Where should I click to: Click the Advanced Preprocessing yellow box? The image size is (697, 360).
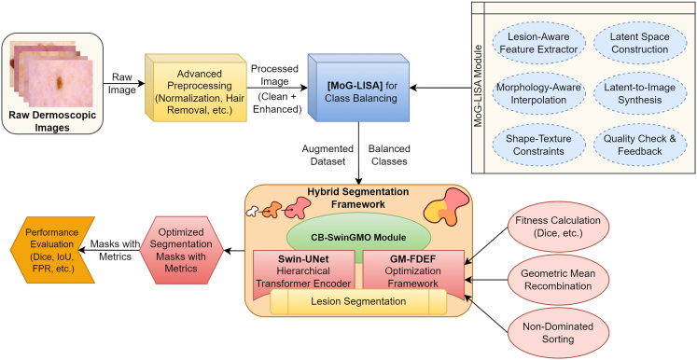(x=197, y=87)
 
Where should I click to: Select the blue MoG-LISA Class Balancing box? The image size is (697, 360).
(x=358, y=87)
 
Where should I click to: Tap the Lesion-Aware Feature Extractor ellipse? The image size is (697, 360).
(x=538, y=43)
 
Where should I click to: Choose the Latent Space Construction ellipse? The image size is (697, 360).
(x=640, y=43)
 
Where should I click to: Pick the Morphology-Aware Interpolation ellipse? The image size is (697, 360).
(x=538, y=93)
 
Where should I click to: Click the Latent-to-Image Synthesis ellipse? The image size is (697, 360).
(x=640, y=93)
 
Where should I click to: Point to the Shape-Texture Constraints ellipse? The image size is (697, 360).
(x=538, y=145)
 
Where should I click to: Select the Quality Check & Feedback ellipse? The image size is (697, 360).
(x=640, y=145)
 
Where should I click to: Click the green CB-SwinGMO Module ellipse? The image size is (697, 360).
(x=358, y=237)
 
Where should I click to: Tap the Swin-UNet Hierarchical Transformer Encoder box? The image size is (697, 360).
(x=303, y=271)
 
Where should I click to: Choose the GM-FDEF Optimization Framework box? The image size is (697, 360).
(x=413, y=271)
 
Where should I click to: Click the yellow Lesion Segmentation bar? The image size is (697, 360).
(x=358, y=301)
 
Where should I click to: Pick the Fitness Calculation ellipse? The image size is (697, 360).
(x=558, y=227)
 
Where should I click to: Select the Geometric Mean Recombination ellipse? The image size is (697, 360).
(x=558, y=280)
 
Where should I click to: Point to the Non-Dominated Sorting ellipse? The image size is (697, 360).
(x=558, y=333)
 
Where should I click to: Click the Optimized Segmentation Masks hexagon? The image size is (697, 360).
(x=181, y=250)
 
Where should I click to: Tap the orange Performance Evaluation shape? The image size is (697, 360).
(x=52, y=250)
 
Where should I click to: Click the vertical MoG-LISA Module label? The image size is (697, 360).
(x=479, y=86)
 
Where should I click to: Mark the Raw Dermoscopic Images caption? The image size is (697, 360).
(x=52, y=121)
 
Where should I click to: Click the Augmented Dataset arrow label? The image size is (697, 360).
(x=328, y=155)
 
